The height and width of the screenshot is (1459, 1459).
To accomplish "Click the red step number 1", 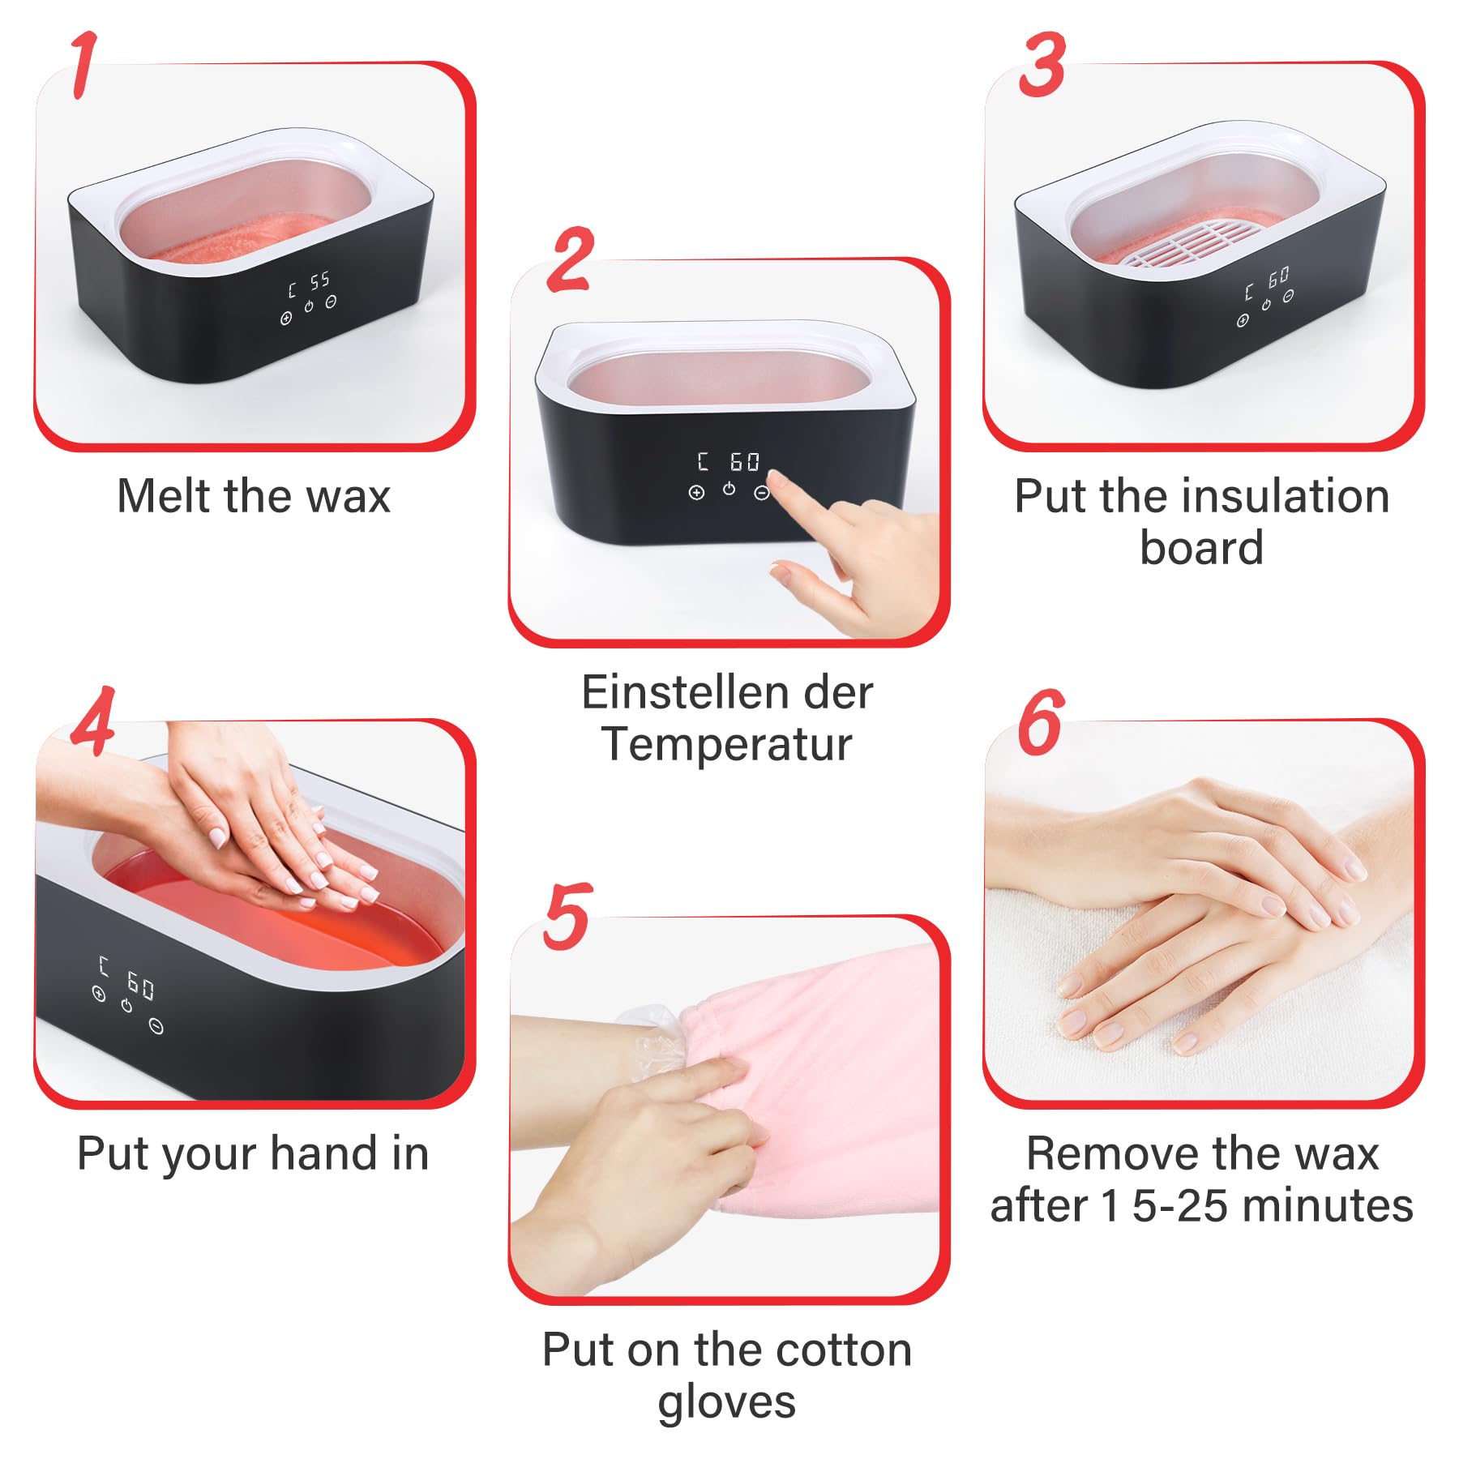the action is pyautogui.click(x=83, y=65).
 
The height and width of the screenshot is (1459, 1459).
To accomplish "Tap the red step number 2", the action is pyautogui.click(x=571, y=259).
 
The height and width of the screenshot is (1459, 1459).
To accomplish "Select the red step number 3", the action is pyautogui.click(x=1042, y=65).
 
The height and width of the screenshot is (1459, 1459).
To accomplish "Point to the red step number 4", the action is pyautogui.click(x=92, y=721).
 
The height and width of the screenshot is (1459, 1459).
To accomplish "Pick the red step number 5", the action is pyautogui.click(x=567, y=916).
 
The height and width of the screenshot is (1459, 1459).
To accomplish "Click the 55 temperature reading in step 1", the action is pyautogui.click(x=319, y=280).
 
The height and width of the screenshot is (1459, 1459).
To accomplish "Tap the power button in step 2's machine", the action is pyautogui.click(x=729, y=488).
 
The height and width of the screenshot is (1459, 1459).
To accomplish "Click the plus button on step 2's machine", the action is pyautogui.click(x=695, y=492).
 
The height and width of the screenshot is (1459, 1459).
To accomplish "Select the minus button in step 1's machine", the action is pyautogui.click(x=331, y=302).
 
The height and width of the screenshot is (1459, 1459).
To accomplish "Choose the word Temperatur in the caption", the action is pyautogui.click(x=727, y=743).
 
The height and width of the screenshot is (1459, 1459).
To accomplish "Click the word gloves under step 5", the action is pyautogui.click(x=727, y=1402).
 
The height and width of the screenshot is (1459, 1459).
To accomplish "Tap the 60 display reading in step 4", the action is pyautogui.click(x=139, y=986).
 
